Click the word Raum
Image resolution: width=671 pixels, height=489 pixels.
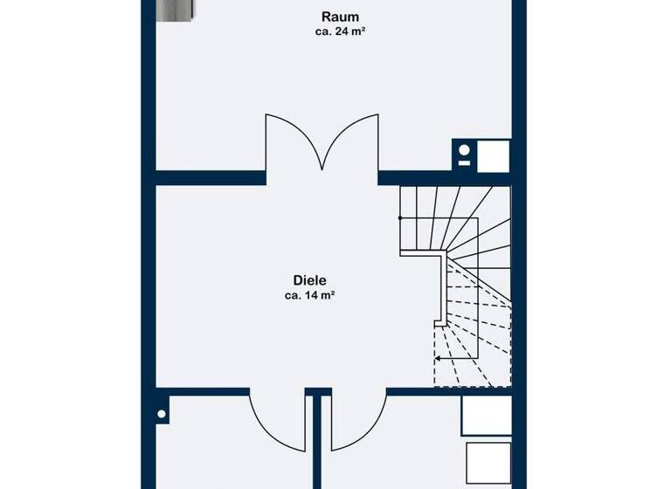tap(340, 17)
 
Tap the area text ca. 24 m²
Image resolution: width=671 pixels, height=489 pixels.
tap(340, 31)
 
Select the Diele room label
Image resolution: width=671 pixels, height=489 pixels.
tap(309, 280)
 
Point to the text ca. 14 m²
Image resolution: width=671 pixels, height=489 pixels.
tap(309, 295)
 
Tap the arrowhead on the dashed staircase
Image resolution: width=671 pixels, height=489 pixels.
tap(439, 357)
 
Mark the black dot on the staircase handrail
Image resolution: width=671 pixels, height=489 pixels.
tap(401, 218)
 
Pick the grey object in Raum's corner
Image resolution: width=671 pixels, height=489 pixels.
tap(180, 10)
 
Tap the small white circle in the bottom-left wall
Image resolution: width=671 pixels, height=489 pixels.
tap(162, 414)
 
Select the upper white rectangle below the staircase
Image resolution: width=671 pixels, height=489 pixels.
tap(486, 416)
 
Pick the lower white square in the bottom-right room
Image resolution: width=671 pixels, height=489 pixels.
tap(488, 464)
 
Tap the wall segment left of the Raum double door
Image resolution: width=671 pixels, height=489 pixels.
tap(211, 177)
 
